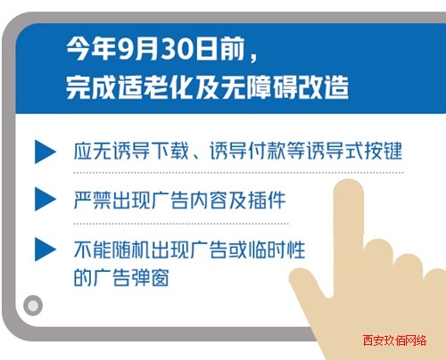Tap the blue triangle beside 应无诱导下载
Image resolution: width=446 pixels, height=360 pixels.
pyautogui.click(x=45, y=151)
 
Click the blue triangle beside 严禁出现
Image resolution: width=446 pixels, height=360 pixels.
pyautogui.click(x=45, y=199)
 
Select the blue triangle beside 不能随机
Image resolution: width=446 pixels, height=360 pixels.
pyautogui.click(x=45, y=250)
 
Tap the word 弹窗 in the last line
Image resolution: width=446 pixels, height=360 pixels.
pyautogui.click(x=151, y=278)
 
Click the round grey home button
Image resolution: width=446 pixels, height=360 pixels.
pyautogui.click(x=33, y=306)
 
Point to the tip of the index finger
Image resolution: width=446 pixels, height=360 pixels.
pyautogui.click(x=349, y=180)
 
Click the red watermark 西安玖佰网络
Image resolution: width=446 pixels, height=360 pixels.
pyautogui.click(x=394, y=340)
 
